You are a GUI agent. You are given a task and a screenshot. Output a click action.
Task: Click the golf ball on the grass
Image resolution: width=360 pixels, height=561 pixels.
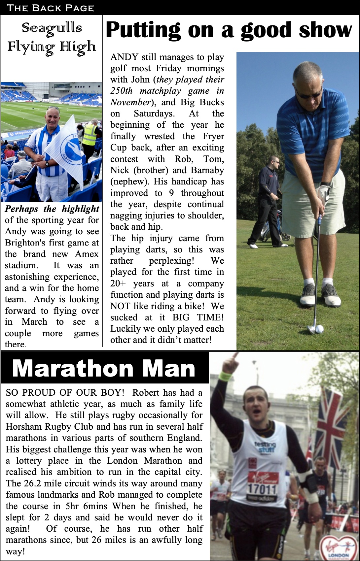coord(319,329)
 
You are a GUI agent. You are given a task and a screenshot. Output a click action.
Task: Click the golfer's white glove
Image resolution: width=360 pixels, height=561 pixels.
coord(323,194)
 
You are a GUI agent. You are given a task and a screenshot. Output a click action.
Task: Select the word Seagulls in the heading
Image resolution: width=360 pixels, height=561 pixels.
coord(52,28)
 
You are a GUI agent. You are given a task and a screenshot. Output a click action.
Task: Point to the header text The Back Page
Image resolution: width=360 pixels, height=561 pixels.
coord(50,8)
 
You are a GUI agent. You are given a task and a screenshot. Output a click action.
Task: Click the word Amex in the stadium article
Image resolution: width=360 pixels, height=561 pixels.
coord(87,254)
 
